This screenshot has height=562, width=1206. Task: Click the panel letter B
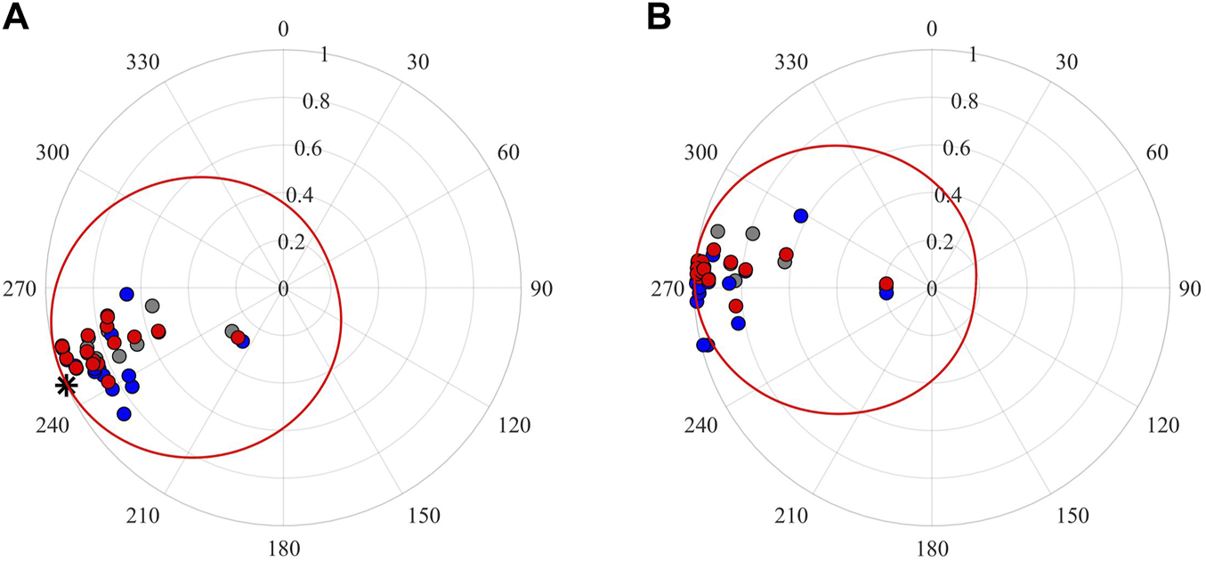pos(659,17)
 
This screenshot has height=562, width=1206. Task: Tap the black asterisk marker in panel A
pos(65,386)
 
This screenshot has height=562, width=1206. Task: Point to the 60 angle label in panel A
pos(508,152)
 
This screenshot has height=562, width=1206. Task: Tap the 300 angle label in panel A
pos(53,152)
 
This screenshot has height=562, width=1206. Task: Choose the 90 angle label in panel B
pos(1190,289)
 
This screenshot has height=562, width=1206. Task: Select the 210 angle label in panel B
pos(791,516)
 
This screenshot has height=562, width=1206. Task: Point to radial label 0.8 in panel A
pos(315,102)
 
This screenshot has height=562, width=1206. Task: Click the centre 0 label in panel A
pos(283,289)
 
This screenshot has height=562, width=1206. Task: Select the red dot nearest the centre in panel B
pos(886,284)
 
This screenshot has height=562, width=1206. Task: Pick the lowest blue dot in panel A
pos(124,413)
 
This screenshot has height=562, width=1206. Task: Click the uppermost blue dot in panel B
pos(800,216)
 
